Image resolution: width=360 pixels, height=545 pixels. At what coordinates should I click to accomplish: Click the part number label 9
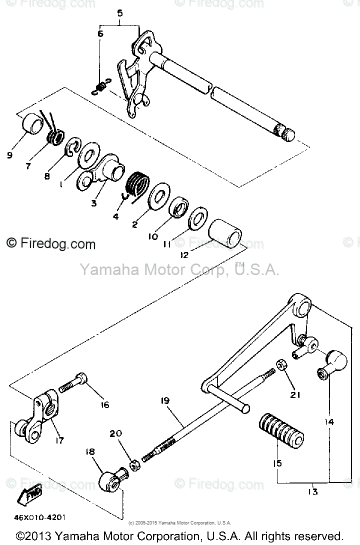coord(10,155)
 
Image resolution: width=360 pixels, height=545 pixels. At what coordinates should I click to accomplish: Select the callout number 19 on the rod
coord(166,401)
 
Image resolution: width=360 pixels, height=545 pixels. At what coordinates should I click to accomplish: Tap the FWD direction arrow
coord(29,495)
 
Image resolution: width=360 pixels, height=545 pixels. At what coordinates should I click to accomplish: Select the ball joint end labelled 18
coord(110,480)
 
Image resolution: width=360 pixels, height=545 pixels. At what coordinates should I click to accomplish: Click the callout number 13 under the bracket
coord(313,492)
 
